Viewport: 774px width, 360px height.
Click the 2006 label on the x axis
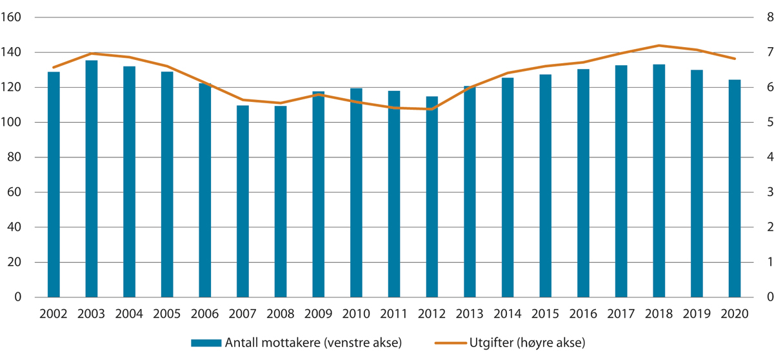(x=205, y=314)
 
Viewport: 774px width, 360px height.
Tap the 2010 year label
(x=357, y=314)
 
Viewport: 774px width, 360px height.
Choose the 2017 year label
(x=621, y=314)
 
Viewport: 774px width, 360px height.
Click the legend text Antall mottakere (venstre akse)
(x=312, y=343)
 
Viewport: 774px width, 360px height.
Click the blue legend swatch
(x=205, y=343)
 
